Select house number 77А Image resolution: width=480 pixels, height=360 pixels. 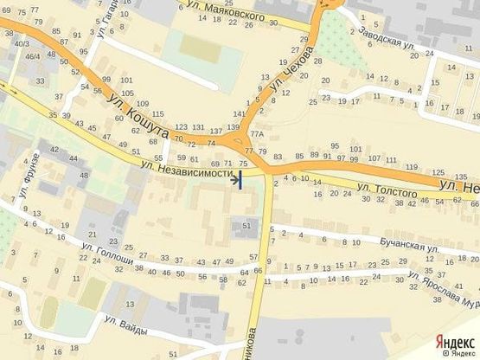pyautogui.click(x=256, y=135)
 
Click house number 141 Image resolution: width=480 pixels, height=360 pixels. pyautogui.click(x=239, y=114)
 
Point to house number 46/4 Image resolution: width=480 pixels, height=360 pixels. pyautogui.click(x=32, y=56)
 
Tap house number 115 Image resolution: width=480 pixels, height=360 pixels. pyautogui.click(x=157, y=114)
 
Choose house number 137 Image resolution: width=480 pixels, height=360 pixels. pyautogui.click(x=217, y=130)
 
